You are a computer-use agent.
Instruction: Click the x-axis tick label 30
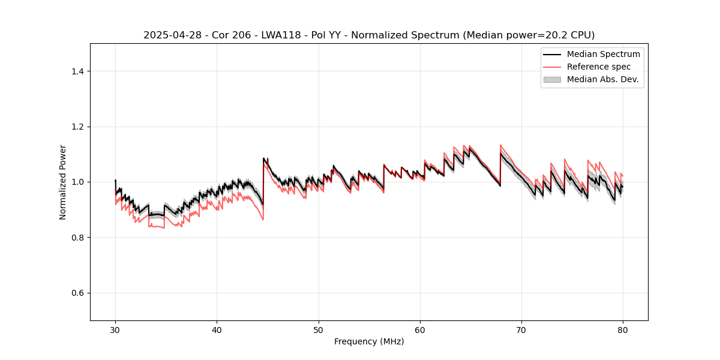(x=115, y=329)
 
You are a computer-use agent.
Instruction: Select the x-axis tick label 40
(x=217, y=329)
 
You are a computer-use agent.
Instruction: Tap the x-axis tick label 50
(x=319, y=329)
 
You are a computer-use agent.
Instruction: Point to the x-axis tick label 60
(x=420, y=329)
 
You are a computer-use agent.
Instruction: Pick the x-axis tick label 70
(x=521, y=329)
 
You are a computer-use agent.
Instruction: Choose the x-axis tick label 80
(x=623, y=329)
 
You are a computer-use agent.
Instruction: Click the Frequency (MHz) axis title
(x=369, y=341)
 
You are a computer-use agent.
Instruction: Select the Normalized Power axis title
(x=63, y=182)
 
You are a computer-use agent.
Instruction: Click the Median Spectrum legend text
(x=603, y=54)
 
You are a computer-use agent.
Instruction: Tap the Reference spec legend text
(x=599, y=67)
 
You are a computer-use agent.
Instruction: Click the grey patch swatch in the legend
(x=551, y=79)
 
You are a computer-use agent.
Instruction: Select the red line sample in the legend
(x=551, y=67)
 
